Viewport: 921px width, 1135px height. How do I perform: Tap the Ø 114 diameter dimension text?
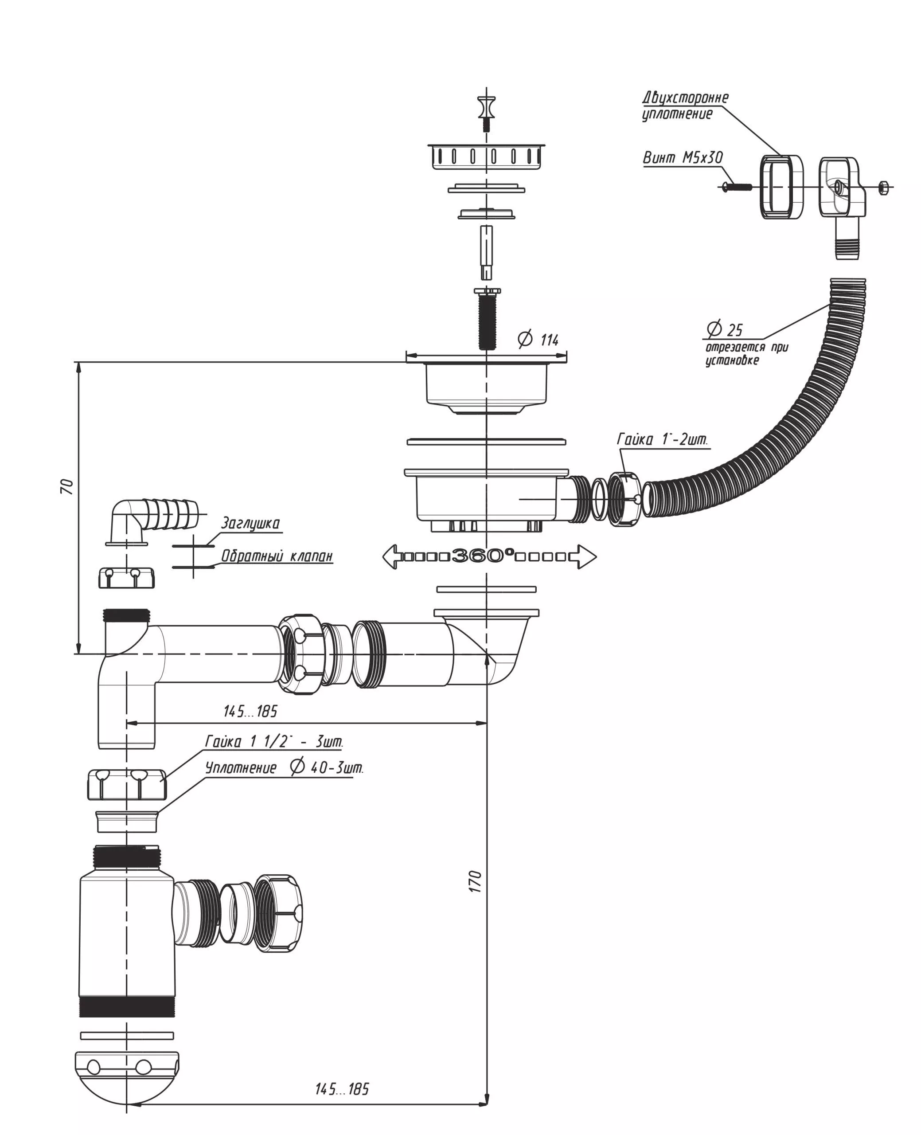(539, 339)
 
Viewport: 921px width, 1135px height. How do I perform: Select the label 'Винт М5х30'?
(683, 157)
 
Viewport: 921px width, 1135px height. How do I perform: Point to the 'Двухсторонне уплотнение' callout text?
(684, 106)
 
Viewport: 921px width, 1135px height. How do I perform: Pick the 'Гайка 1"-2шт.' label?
(662, 439)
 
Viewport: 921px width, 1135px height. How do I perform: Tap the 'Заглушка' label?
(250, 523)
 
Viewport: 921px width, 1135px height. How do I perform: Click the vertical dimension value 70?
(67, 486)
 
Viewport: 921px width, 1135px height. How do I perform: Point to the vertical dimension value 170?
(476, 881)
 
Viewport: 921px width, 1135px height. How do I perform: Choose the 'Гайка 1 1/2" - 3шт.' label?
(274, 741)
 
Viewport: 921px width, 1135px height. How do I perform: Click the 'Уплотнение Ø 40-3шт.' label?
(284, 767)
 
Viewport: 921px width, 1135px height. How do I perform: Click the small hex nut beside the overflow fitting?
(883, 187)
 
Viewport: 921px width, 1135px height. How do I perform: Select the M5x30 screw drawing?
(738, 187)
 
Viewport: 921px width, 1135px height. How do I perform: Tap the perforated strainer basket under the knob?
(486, 156)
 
